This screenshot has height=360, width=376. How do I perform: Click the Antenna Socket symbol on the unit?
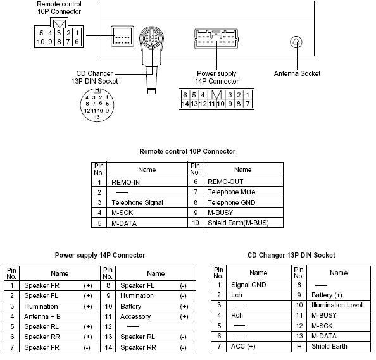(296, 42)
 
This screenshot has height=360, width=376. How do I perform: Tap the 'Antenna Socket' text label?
(297, 73)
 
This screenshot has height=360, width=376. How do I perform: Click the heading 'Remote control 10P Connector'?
(187, 151)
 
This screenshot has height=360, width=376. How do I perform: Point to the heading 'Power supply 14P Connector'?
(100, 255)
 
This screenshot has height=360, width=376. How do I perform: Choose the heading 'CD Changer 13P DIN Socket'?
(291, 255)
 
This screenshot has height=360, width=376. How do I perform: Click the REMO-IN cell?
(124, 181)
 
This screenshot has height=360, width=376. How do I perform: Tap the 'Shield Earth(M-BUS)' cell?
(238, 223)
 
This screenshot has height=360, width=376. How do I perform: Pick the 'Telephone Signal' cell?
(137, 202)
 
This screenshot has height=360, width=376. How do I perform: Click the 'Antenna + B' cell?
(42, 316)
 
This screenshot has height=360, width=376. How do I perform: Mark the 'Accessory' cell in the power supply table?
(135, 316)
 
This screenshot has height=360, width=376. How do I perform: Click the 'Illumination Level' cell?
(337, 305)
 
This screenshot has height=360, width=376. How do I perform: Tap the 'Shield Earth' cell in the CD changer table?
(329, 346)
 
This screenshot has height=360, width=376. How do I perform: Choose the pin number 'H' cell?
(299, 346)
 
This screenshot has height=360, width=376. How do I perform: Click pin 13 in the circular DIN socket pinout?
(97, 117)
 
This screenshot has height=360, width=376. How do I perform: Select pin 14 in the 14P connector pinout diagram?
(185, 103)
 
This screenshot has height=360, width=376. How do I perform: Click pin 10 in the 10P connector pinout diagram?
(41, 42)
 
